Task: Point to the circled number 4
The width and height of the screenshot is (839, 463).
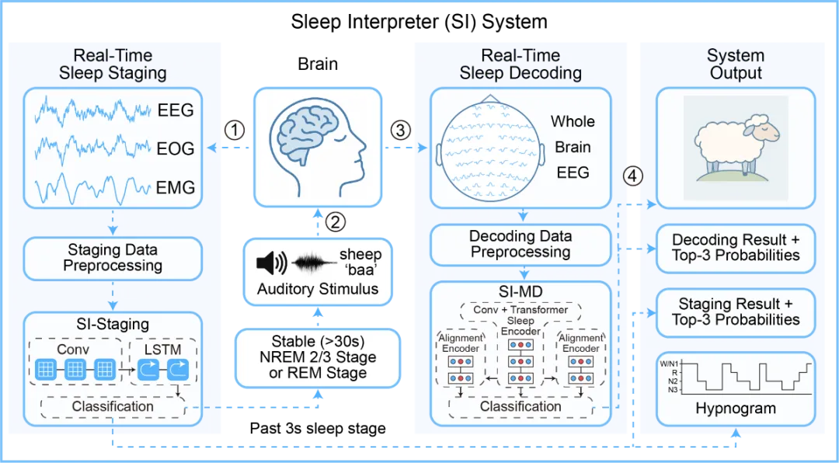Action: pyautogui.click(x=633, y=176)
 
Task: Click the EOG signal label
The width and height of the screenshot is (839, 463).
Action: pyautogui.click(x=176, y=148)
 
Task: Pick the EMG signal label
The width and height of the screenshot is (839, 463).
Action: pyautogui.click(x=176, y=187)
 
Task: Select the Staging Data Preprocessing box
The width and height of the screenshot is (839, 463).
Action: pyautogui.click(x=113, y=258)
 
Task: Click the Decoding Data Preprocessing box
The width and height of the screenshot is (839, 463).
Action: pyautogui.click(x=520, y=244)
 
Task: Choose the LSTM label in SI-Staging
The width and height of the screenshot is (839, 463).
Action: pyautogui.click(x=162, y=349)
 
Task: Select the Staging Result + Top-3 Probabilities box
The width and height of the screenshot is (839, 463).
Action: pyautogui.click(x=735, y=312)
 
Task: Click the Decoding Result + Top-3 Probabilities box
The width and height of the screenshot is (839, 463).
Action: pyautogui.click(x=735, y=247)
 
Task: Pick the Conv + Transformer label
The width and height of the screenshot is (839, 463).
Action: pyautogui.click(x=520, y=310)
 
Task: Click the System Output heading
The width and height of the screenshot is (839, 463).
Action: pyautogui.click(x=735, y=64)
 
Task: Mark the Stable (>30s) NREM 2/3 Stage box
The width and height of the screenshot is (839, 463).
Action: pyautogui.click(x=319, y=357)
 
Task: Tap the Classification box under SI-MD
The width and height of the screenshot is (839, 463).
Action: pyautogui.click(x=520, y=406)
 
